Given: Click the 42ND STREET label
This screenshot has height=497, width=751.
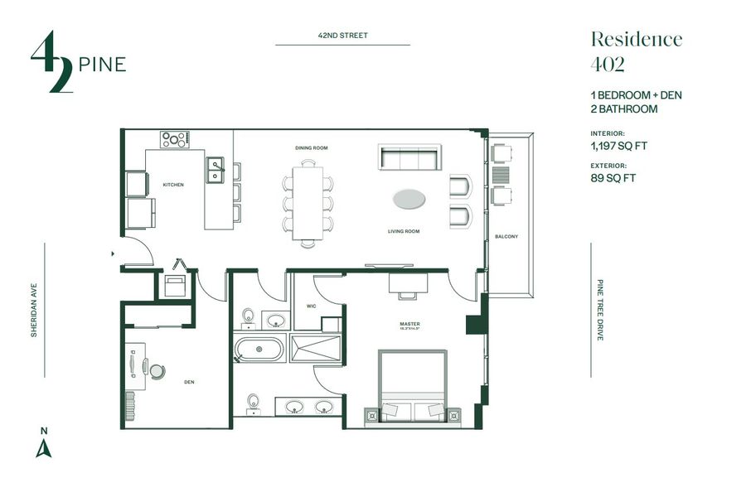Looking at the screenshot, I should point(342,36).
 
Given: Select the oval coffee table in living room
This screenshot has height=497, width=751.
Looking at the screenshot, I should point(411,199).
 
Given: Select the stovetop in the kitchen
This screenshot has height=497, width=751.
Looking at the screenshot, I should point(174,139).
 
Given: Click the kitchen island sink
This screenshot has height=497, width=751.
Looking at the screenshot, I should point(216,170).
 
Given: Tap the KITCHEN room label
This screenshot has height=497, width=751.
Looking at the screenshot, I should point(172,185).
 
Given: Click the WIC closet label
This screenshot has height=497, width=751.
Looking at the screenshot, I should point(311,306).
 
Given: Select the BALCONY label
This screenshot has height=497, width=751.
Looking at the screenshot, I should point(506,237).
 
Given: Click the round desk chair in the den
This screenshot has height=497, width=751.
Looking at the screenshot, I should point(157,369).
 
